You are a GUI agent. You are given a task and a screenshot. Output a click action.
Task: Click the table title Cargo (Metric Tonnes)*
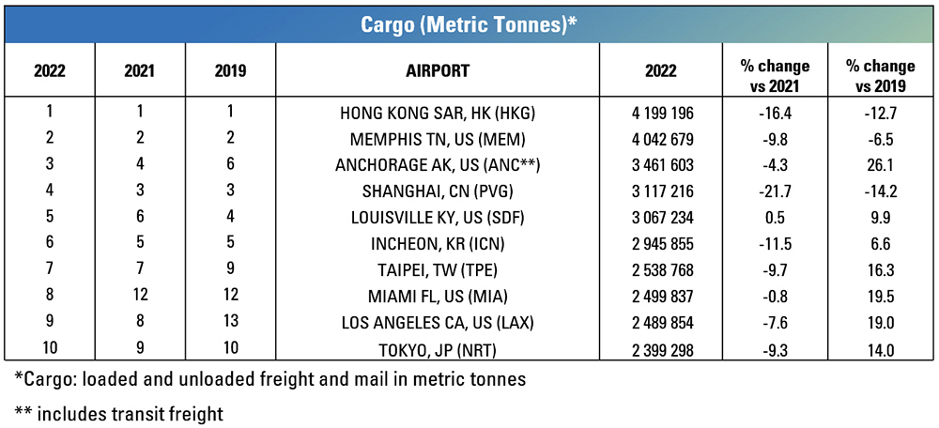point(469,23)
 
